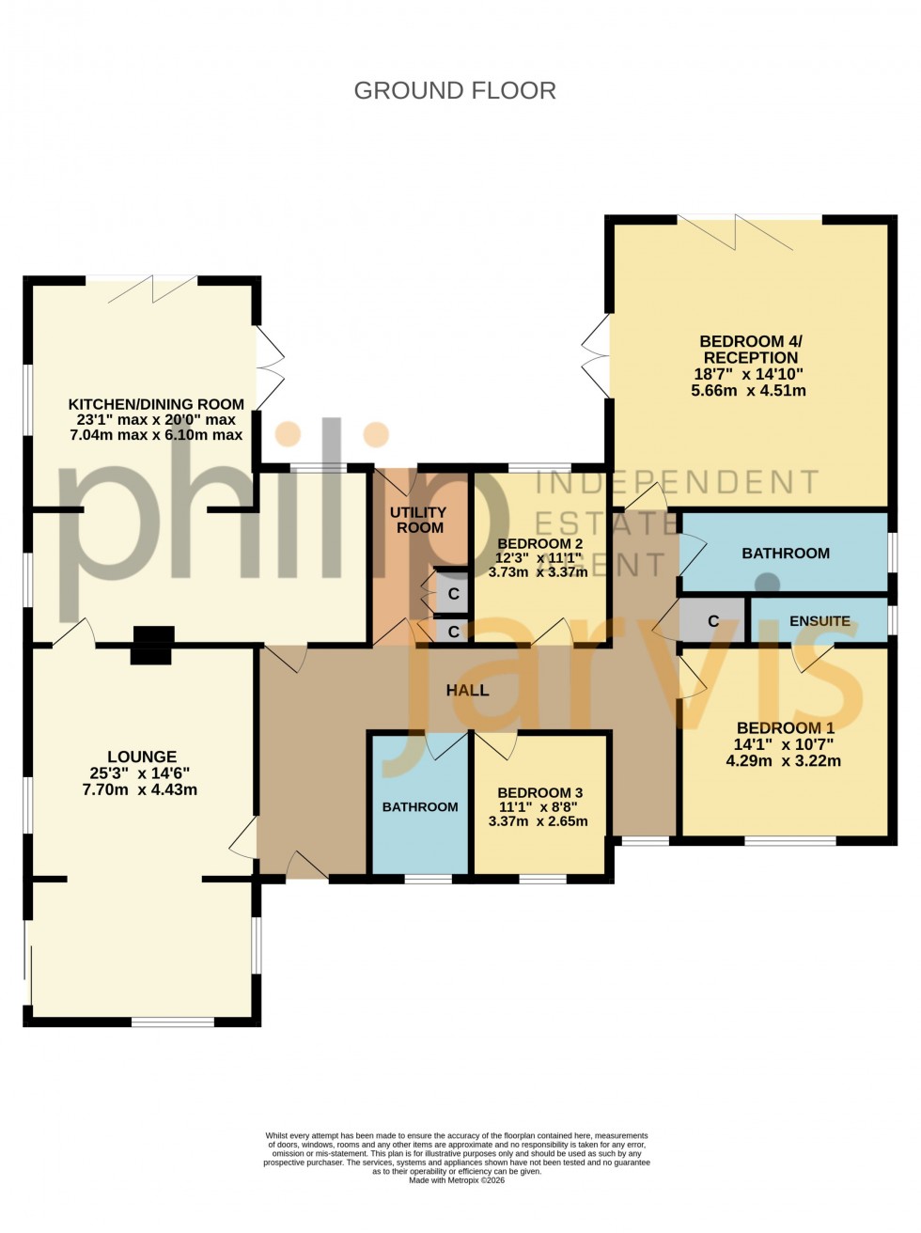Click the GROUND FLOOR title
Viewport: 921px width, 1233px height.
tap(455, 90)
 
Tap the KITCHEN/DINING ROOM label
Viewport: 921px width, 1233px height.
tap(156, 404)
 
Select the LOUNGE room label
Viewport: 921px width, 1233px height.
tap(142, 757)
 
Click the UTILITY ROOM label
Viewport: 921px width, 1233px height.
tap(419, 520)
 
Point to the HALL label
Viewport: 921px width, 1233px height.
tap(467, 690)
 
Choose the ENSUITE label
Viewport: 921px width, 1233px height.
tap(820, 621)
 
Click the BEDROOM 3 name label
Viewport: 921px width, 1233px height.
tap(539, 793)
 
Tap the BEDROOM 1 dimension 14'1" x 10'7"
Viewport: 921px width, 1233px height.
tap(784, 744)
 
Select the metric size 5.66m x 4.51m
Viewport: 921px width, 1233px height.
tap(748, 390)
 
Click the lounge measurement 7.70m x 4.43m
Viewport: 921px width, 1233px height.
tap(140, 789)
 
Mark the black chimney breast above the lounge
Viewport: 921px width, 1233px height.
tap(151, 646)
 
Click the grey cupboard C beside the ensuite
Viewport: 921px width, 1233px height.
tap(712, 621)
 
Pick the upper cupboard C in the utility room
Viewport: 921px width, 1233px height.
tap(453, 594)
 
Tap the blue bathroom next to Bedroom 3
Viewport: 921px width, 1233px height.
tap(420, 806)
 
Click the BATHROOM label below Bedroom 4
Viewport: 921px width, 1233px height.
tap(786, 554)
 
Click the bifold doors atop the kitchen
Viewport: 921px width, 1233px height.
tap(151, 289)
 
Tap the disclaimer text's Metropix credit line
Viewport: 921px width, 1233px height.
tap(457, 1180)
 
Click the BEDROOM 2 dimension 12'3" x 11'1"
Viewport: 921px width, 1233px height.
tap(539, 557)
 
